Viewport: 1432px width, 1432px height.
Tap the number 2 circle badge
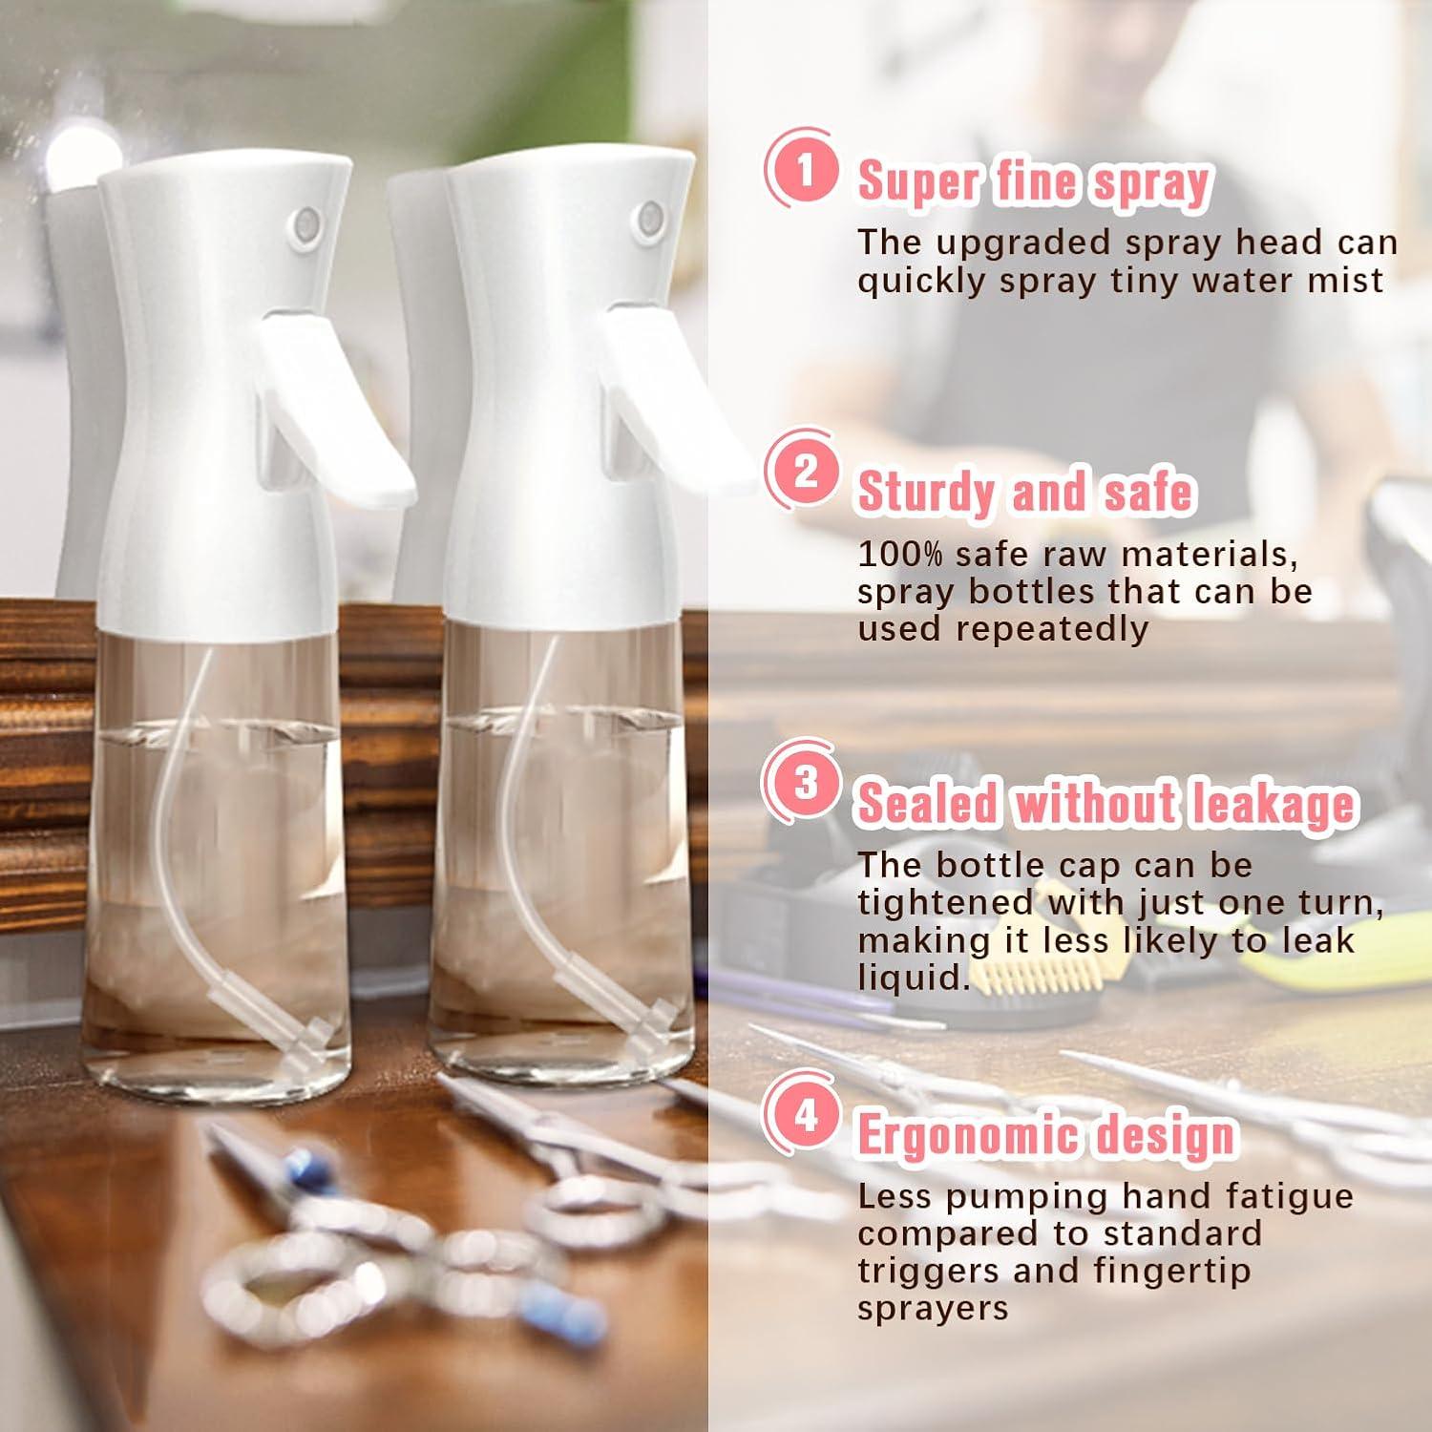coord(805,472)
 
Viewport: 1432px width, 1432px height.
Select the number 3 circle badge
coord(805,783)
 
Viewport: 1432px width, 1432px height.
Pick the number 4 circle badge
coord(805,1114)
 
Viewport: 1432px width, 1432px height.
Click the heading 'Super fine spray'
coord(1034,181)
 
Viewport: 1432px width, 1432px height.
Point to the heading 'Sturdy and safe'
coord(1025,492)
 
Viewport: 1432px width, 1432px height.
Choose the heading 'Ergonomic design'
coord(1046,1135)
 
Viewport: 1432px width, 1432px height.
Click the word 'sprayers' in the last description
coord(932,1308)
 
